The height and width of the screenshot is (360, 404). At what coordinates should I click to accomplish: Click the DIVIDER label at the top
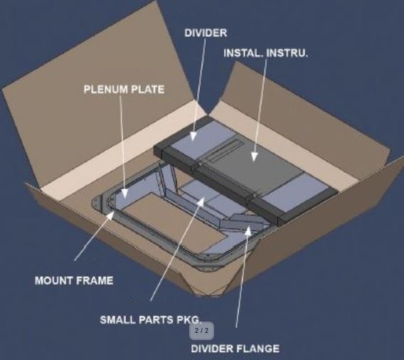[x=206, y=33]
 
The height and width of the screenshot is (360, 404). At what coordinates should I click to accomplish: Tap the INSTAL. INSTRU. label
[x=266, y=53]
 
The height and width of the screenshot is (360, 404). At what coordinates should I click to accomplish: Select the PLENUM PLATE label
[x=124, y=89]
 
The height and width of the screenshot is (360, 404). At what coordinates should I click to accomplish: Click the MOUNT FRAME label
[x=74, y=280]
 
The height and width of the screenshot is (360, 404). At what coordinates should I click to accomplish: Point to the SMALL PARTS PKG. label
[x=150, y=319]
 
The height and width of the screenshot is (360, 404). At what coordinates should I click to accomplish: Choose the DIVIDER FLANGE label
[x=235, y=348]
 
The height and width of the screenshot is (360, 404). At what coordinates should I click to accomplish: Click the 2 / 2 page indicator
[x=202, y=331]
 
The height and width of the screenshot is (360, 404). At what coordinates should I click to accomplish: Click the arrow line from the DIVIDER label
[x=199, y=85]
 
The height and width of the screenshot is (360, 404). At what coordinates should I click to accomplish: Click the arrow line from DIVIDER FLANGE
[x=241, y=285]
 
